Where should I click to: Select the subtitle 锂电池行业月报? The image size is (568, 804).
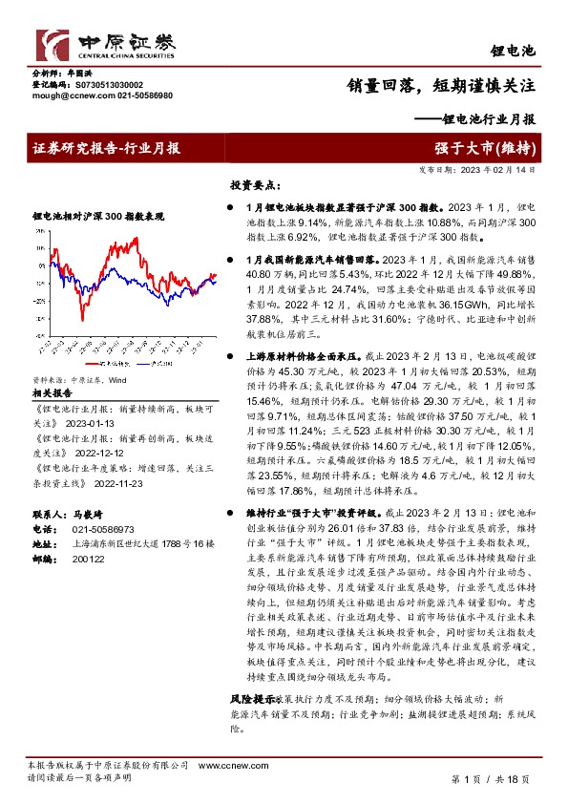(476, 119)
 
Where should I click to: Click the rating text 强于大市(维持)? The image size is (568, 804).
(494, 148)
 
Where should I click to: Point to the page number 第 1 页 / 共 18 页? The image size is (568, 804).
(489, 779)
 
